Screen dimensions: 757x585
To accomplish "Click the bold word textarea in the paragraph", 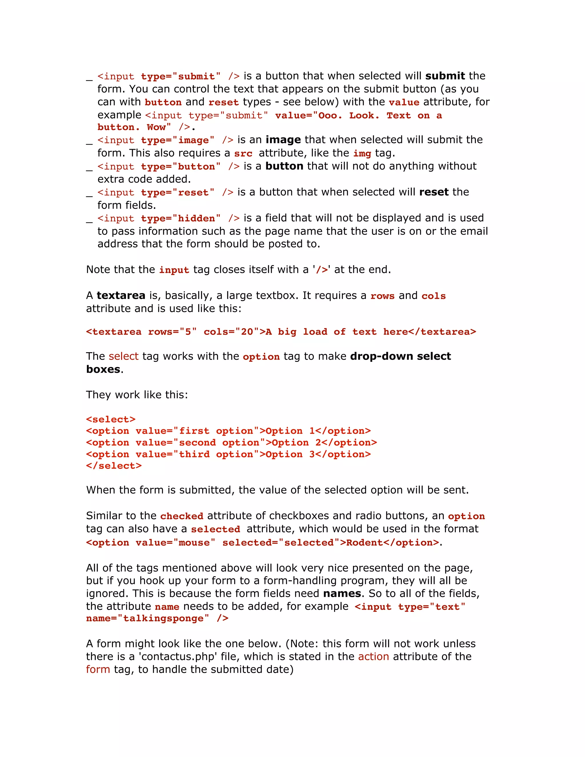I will coord(121,295).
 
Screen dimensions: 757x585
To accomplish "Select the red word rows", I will coord(382,296).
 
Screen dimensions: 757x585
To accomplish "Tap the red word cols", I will coord(433,296).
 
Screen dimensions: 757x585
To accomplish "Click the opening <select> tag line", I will coord(111,419).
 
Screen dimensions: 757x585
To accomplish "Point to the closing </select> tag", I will coord(114,466).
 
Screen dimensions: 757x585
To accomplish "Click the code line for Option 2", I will coord(231,442).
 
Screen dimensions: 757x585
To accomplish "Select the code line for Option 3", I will coord(228,454).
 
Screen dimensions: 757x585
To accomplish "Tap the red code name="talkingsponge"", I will coord(147,618).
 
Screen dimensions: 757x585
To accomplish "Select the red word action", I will coord(373,656).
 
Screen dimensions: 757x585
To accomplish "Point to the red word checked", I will coord(182,516).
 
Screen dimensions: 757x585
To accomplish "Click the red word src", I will coord(243,154).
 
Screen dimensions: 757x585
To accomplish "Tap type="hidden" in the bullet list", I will coord(180,218).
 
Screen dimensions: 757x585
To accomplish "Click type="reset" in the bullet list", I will coord(177,192).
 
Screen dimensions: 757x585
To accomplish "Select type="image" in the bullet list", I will coord(177,140).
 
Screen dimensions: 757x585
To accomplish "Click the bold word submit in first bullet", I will coord(445,76).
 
